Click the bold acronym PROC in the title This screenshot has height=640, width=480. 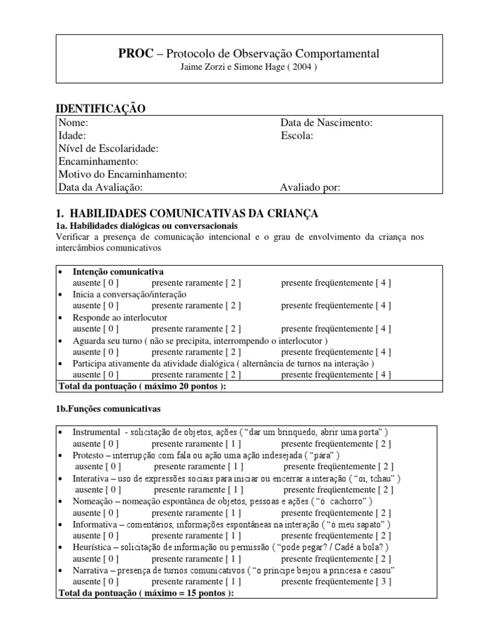tap(135, 54)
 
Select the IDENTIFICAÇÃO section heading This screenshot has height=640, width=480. tap(101, 109)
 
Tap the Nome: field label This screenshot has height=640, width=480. tap(73, 123)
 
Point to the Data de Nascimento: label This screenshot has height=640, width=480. tap(326, 123)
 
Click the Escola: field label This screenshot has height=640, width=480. tap(297, 136)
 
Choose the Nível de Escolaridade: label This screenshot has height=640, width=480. tap(108, 149)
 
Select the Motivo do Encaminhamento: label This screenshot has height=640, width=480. tap(122, 174)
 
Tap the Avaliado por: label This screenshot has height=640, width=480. tap(311, 187)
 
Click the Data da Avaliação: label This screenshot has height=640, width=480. tap(101, 187)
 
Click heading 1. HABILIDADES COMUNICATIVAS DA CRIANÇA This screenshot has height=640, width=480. tap(187, 214)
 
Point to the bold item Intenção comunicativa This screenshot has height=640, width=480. tap(118, 272)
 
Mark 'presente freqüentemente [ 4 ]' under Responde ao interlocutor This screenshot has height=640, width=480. tap(336, 329)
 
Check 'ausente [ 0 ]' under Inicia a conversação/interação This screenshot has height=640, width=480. tap(95, 306)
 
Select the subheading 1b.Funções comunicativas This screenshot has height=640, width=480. tap(109, 409)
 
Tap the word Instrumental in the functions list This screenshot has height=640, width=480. tap(96, 432)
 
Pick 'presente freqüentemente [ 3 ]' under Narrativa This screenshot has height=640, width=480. tap(336, 581)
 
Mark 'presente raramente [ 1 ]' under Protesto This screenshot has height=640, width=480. tap(198, 466)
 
